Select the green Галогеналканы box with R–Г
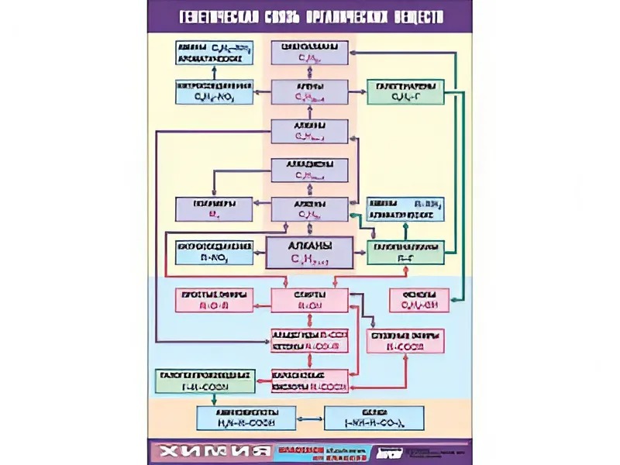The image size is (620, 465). (x=405, y=253)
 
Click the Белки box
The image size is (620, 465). (x=374, y=418)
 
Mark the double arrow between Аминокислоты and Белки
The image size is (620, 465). (x=310, y=419)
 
